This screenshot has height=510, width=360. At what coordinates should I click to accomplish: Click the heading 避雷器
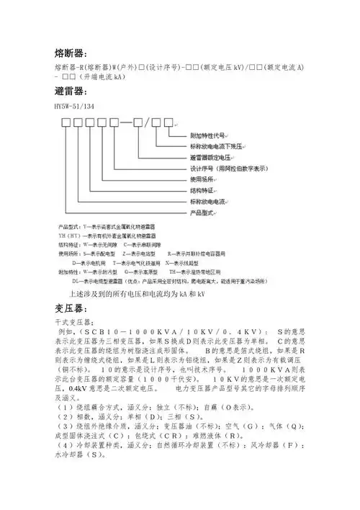[70, 93]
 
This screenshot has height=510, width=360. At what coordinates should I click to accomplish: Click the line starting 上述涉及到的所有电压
[137, 294]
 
